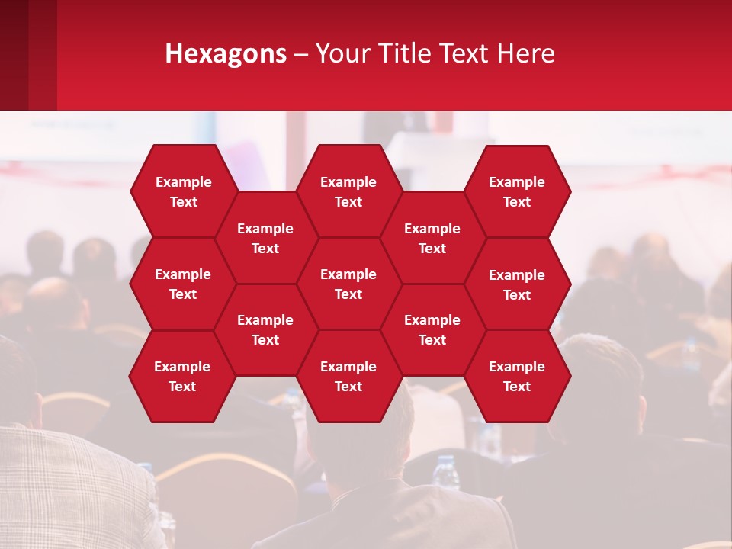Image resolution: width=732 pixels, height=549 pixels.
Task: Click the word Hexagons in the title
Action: (x=226, y=53)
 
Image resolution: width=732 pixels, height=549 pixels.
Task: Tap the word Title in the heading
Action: (x=403, y=53)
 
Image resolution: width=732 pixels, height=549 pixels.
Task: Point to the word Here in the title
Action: (x=526, y=53)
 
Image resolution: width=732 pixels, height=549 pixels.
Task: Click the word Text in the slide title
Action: (x=464, y=53)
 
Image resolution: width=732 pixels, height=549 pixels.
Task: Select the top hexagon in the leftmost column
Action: (x=183, y=191)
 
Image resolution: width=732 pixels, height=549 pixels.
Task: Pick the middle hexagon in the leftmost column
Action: (x=183, y=284)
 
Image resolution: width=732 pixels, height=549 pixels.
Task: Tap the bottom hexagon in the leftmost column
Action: (x=182, y=376)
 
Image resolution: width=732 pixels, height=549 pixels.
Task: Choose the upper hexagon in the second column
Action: (x=265, y=238)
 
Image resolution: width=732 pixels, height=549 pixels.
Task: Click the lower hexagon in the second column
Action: (x=265, y=329)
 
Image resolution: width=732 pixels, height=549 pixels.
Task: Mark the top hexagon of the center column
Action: (x=348, y=191)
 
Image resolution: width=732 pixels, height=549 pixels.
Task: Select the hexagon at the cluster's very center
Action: (x=348, y=284)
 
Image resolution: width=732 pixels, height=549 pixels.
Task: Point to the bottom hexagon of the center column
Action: (x=348, y=376)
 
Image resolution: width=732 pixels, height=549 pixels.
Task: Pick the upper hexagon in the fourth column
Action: (x=432, y=238)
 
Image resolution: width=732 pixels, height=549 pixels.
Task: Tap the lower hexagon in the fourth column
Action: (x=432, y=329)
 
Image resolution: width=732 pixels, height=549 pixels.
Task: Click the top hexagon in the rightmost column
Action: (x=517, y=191)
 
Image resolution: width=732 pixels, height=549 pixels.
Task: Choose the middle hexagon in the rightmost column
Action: (x=517, y=284)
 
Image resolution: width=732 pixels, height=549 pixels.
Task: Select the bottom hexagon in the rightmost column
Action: (x=517, y=376)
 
